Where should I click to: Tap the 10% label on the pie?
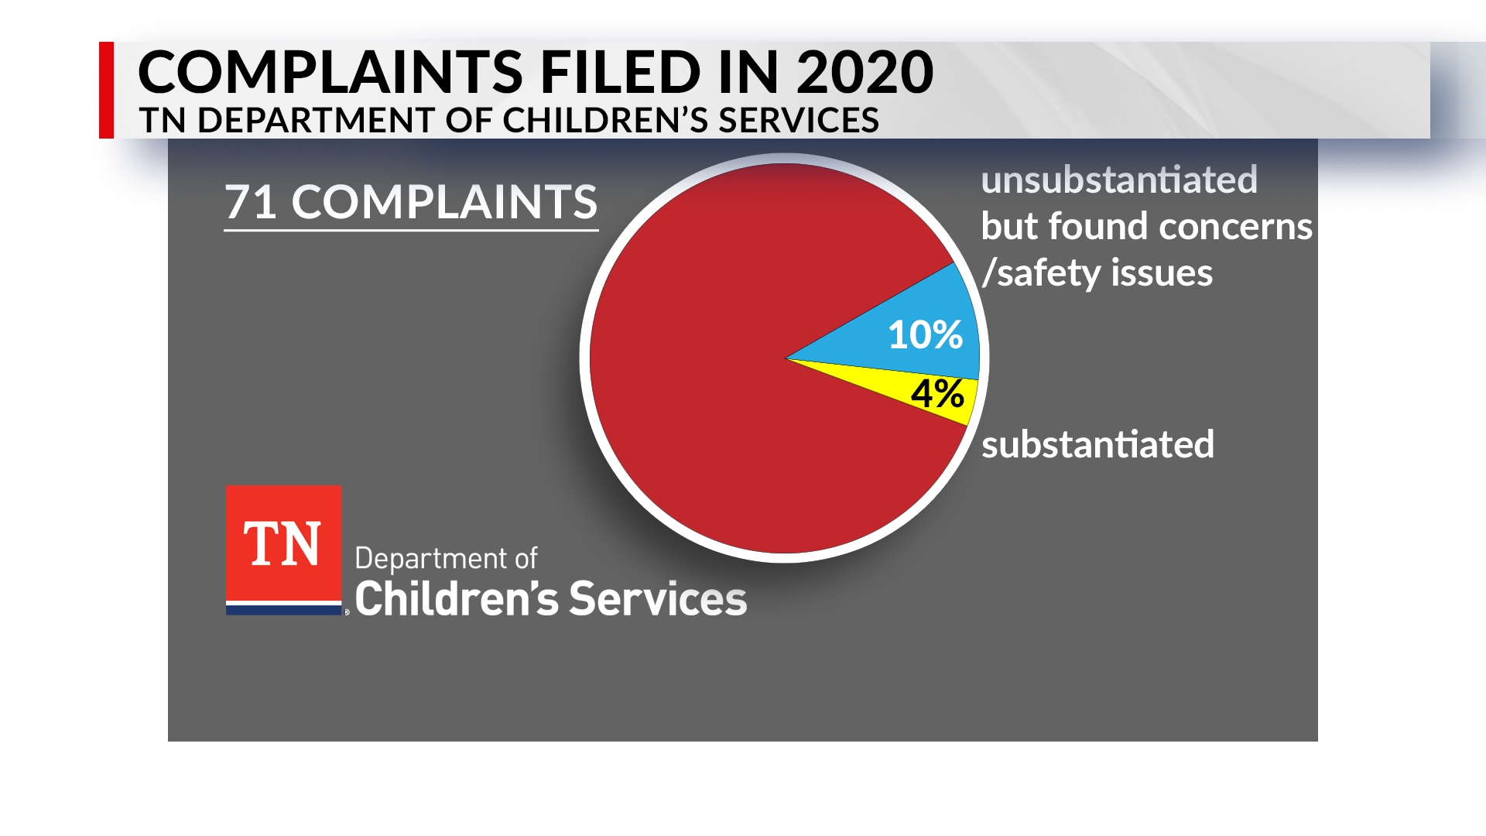tap(925, 335)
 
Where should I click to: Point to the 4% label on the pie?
tap(937, 393)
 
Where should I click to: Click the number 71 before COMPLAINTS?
tap(251, 202)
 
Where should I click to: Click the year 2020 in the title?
tap(865, 72)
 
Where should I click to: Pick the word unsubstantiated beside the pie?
tap(1119, 180)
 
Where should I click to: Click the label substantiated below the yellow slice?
tap(1097, 444)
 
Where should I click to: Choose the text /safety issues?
tap(1097, 273)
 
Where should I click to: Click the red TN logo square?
tap(283, 542)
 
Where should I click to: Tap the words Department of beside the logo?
tap(446, 559)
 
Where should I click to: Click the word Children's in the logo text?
tap(457, 599)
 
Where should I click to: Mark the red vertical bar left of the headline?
tap(106, 90)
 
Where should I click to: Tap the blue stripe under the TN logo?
tap(283, 610)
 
